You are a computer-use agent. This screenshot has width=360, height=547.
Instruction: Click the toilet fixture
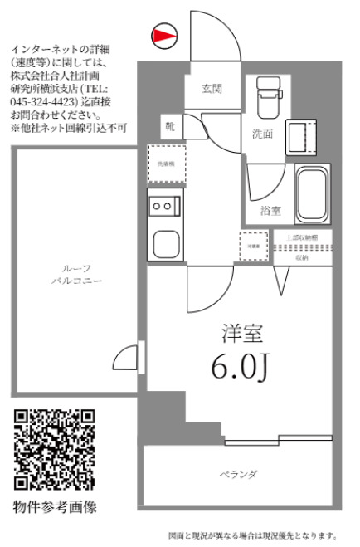click(x=268, y=97)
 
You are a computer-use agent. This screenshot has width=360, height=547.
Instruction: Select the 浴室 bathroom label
click(x=270, y=211)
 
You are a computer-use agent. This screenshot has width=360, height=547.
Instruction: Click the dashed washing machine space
click(x=165, y=163)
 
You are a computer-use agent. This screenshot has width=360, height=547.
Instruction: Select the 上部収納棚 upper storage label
click(x=301, y=238)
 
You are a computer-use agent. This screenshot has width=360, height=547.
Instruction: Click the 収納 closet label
click(x=301, y=258)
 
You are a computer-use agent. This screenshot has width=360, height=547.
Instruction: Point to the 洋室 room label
click(x=242, y=335)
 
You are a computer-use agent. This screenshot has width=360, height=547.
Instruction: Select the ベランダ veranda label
click(x=238, y=475)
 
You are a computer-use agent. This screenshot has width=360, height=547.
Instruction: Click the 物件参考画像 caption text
click(x=55, y=506)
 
